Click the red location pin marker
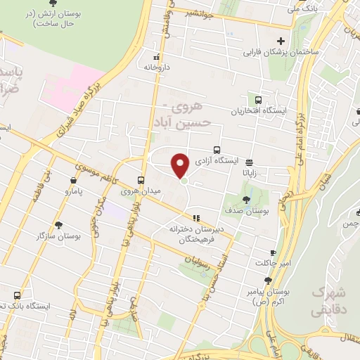(180, 165)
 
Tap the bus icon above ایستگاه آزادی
(217, 149)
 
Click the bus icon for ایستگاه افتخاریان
(258, 100)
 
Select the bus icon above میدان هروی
(141, 179)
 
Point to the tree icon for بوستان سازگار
(58, 225)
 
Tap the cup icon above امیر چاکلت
(273, 252)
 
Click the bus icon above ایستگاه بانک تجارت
(17, 295)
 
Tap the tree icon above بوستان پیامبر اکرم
(268, 279)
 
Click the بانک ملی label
(303, 9)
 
